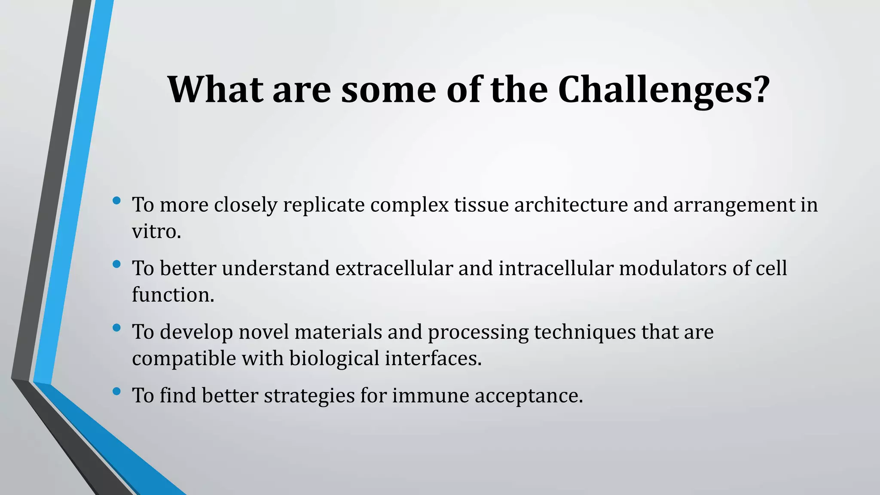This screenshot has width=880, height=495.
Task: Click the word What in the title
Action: [x=215, y=90]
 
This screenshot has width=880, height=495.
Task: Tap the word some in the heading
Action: [x=388, y=90]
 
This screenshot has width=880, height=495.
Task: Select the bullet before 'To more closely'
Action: [x=116, y=200]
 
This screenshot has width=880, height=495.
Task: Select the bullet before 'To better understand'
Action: [x=116, y=264]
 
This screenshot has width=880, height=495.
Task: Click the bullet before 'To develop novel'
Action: [x=116, y=328]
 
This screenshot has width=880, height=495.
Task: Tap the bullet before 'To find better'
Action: [x=116, y=391]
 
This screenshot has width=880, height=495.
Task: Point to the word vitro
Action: [x=156, y=232]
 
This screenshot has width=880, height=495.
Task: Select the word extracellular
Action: [x=394, y=268]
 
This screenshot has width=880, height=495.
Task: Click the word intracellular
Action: [x=556, y=268]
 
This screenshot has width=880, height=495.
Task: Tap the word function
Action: [x=172, y=295]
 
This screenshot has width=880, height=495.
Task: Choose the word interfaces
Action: [x=433, y=358]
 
